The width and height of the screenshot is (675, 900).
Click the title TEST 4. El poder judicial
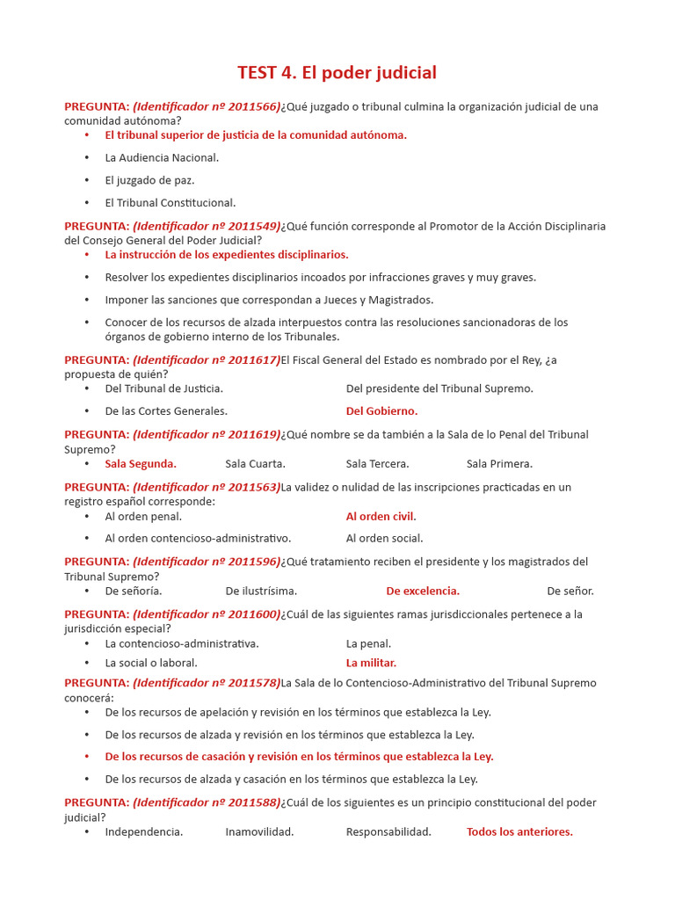pyautogui.click(x=337, y=72)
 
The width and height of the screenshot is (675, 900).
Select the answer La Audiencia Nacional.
pyautogui.click(x=162, y=157)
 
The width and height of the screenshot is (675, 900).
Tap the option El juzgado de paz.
pyautogui.click(x=149, y=180)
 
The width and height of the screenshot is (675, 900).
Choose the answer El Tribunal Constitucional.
pyautogui.click(x=170, y=202)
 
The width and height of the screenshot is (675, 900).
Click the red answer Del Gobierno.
pyautogui.click(x=381, y=410)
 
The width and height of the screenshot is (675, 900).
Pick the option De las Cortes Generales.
pyautogui.click(x=166, y=410)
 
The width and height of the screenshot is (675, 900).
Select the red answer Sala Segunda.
pyautogui.click(x=141, y=463)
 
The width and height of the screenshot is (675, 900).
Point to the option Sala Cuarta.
pyautogui.click(x=255, y=463)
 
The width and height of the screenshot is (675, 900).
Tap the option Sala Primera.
pyautogui.click(x=499, y=463)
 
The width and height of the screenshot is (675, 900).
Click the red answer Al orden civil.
pyautogui.click(x=381, y=516)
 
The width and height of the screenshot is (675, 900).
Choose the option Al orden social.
pyautogui.click(x=384, y=538)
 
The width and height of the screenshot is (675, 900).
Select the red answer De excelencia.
pyautogui.click(x=423, y=591)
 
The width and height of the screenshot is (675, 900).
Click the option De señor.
pyautogui.click(x=570, y=591)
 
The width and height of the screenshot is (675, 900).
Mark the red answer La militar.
pyautogui.click(x=371, y=663)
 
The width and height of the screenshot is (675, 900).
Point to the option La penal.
pyautogui.click(x=368, y=643)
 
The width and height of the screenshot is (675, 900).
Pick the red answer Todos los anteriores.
pyautogui.click(x=519, y=831)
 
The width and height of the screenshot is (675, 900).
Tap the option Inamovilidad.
pyautogui.click(x=259, y=831)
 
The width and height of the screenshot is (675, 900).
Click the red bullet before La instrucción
pyautogui.click(x=87, y=255)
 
